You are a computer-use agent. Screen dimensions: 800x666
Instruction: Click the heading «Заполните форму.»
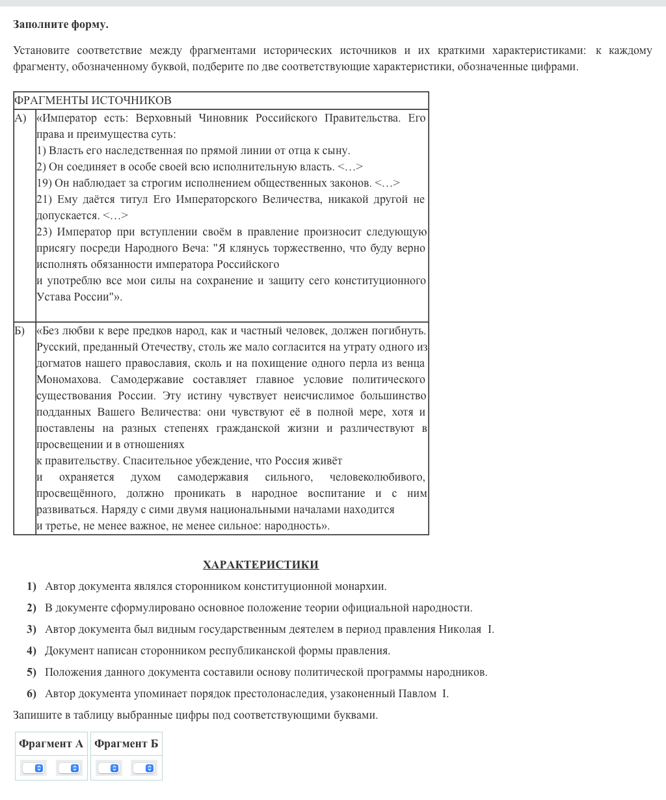(x=60, y=25)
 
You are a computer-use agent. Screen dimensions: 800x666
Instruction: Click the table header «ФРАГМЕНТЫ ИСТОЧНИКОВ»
(x=92, y=100)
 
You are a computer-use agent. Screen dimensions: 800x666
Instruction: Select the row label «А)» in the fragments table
(x=20, y=118)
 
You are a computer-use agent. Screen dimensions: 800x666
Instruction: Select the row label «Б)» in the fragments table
(x=20, y=330)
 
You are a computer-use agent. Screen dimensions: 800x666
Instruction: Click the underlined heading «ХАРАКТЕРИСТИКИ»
(x=260, y=565)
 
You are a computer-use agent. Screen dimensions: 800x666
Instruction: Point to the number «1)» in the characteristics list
(x=31, y=587)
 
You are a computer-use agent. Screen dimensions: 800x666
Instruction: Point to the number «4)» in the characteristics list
(x=31, y=651)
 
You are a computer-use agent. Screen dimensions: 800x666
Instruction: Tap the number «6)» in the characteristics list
(x=31, y=694)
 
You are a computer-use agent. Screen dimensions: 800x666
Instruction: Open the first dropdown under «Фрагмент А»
(x=33, y=768)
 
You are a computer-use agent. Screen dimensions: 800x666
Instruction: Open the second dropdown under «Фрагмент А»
(x=69, y=768)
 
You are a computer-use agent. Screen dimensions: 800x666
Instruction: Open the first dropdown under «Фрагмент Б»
(x=109, y=768)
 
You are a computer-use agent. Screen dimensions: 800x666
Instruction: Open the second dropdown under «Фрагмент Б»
(x=144, y=768)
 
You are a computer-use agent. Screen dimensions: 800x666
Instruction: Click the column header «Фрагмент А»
(x=51, y=743)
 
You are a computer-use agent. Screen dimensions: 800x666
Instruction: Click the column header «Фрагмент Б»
(x=126, y=743)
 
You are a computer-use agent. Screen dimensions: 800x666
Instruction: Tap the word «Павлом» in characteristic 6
(x=417, y=694)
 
